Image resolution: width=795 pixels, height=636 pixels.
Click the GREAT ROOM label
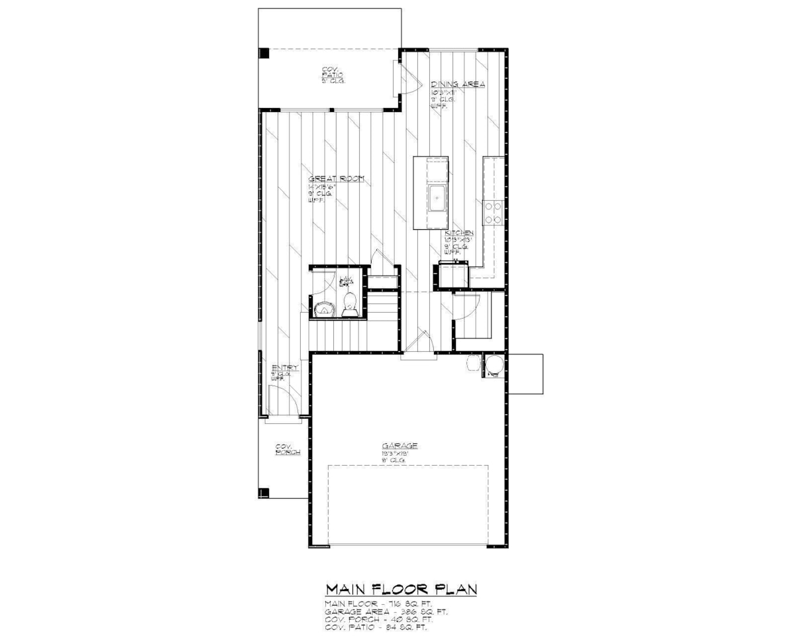(x=336, y=180)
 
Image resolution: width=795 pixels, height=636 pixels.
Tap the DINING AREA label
(x=458, y=84)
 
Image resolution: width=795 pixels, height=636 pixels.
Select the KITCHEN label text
(x=458, y=234)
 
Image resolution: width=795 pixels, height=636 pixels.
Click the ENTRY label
(x=285, y=368)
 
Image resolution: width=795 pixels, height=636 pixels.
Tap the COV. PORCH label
(x=288, y=449)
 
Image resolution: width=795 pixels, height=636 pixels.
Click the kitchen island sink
(x=438, y=198)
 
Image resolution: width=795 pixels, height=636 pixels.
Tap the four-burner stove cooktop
(x=492, y=211)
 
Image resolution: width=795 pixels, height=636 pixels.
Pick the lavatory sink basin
(x=325, y=308)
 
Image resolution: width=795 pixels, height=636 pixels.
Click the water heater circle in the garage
(x=494, y=366)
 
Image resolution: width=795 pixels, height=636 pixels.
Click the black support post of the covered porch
(x=263, y=492)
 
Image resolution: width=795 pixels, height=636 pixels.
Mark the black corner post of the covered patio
(x=264, y=53)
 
